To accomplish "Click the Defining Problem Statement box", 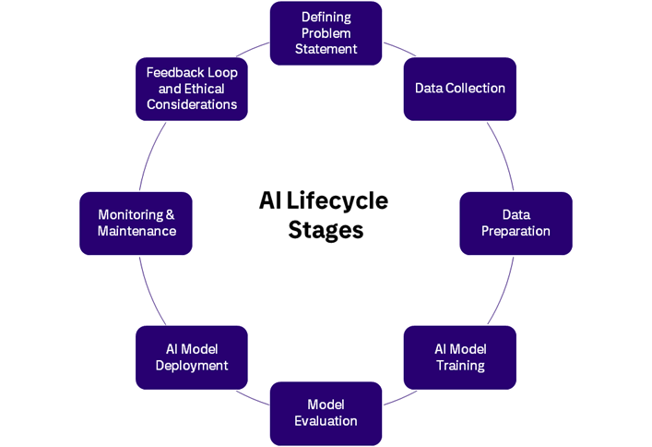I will [x=326, y=33].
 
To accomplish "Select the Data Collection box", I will [x=459, y=89].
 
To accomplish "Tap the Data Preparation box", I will [x=516, y=223].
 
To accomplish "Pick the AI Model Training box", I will [x=459, y=356].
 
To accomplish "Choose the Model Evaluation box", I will [x=326, y=413].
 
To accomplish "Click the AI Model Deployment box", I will [x=191, y=356].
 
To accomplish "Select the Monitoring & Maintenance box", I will [x=136, y=223].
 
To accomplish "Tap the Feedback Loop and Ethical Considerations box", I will [x=191, y=89].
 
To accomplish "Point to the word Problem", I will [x=326, y=33].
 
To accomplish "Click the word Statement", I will [x=326, y=49].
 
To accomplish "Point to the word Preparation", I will [x=516, y=231].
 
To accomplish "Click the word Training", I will [x=460, y=365].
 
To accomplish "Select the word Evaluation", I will [x=326, y=421].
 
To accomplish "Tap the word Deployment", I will [x=191, y=365].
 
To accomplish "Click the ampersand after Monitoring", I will [x=170, y=215].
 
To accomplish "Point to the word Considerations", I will [x=191, y=104].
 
